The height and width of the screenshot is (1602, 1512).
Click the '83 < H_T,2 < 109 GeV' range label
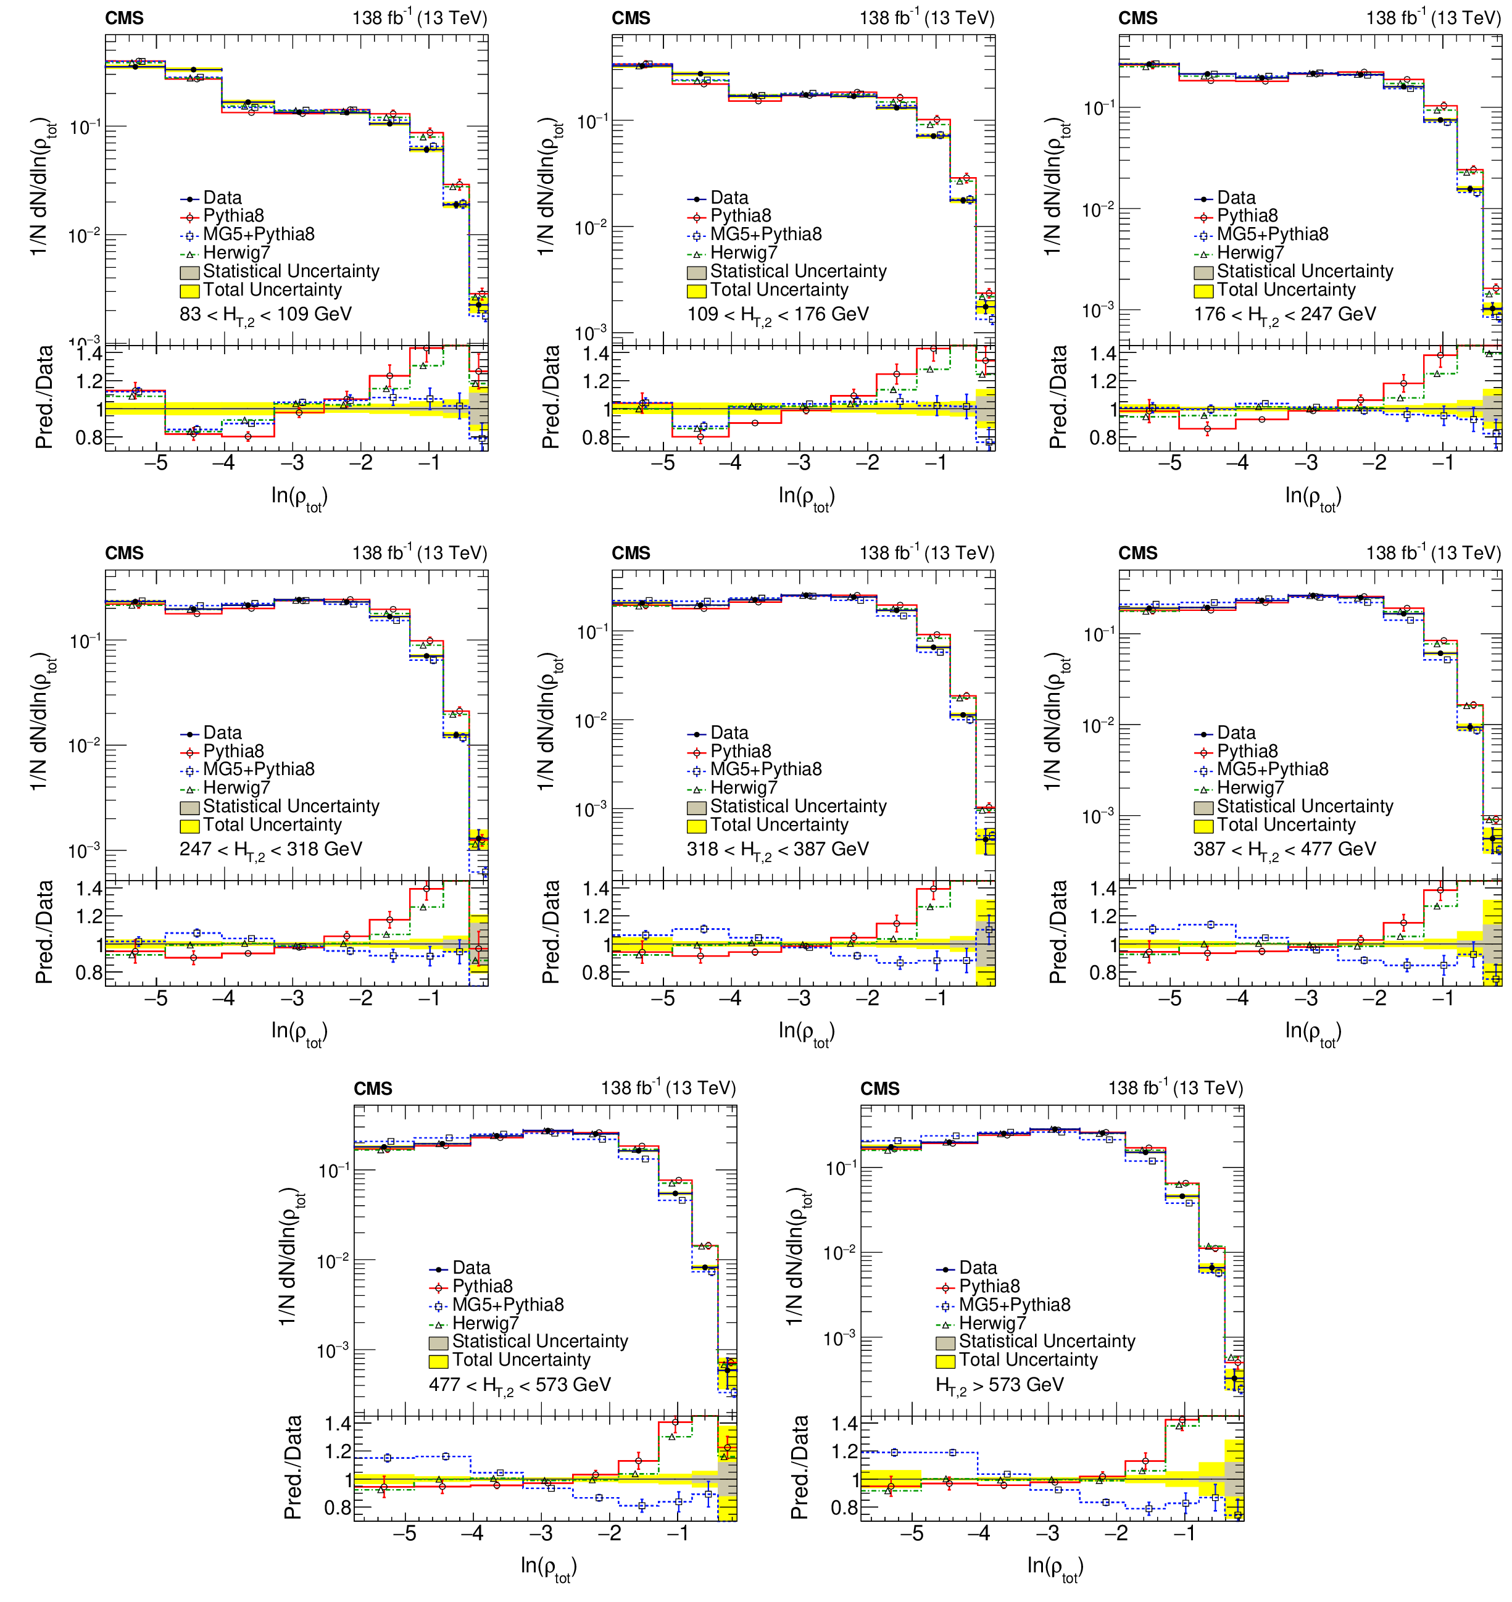[265, 314]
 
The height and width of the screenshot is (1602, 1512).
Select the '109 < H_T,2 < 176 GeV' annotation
[778, 314]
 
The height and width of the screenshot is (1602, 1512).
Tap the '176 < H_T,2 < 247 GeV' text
[1285, 314]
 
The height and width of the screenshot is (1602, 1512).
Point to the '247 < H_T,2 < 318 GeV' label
[271, 849]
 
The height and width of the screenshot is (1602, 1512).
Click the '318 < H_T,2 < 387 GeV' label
[778, 849]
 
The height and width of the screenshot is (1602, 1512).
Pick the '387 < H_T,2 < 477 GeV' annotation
[1285, 849]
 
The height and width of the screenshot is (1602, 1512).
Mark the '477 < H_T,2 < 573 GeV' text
[520, 1384]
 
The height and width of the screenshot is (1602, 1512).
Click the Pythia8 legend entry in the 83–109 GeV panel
[233, 216]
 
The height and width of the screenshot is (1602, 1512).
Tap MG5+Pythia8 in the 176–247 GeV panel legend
[1272, 234]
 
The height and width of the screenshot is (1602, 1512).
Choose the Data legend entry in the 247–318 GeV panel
[222, 733]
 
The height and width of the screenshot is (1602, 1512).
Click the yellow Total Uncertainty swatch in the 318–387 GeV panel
[696, 826]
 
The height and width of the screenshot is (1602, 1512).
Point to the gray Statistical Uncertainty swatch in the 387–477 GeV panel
[1203, 807]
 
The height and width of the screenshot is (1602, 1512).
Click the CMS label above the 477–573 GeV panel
[373, 1089]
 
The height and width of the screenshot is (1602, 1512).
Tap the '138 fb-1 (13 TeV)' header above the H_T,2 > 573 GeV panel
[1175, 1089]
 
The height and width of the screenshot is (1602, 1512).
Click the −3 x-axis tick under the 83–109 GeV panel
[297, 463]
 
